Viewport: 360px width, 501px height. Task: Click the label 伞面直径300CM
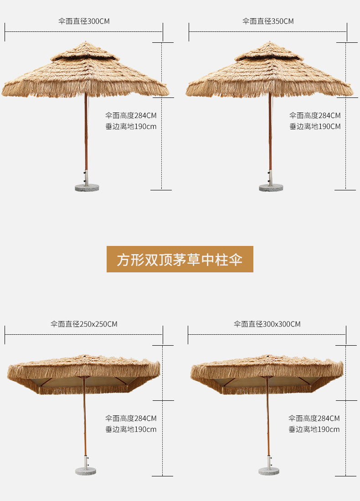(84, 21)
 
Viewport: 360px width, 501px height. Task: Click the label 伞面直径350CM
(268, 21)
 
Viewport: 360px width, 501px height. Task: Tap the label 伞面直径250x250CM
(84, 324)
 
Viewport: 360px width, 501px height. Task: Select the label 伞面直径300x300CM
(267, 324)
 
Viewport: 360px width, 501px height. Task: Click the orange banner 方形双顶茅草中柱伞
(180, 259)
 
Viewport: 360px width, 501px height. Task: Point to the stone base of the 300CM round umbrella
(87, 187)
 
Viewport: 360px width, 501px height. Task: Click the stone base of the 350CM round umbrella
(271, 187)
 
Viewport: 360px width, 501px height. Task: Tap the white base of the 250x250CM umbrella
(86, 471)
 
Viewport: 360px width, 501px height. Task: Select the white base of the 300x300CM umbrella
(269, 471)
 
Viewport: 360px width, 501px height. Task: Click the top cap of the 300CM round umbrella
(84, 52)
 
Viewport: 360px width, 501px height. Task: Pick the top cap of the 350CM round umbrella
(269, 52)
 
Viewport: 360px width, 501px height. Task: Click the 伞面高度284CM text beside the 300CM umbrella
(131, 115)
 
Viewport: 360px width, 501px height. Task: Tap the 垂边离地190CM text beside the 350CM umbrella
(315, 126)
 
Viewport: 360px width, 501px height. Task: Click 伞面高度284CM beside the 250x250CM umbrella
(131, 418)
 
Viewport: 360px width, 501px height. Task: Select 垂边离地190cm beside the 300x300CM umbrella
(314, 429)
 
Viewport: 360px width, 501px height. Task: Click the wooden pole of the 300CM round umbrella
(85, 137)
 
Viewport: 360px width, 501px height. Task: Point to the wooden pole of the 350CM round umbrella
(270, 137)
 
